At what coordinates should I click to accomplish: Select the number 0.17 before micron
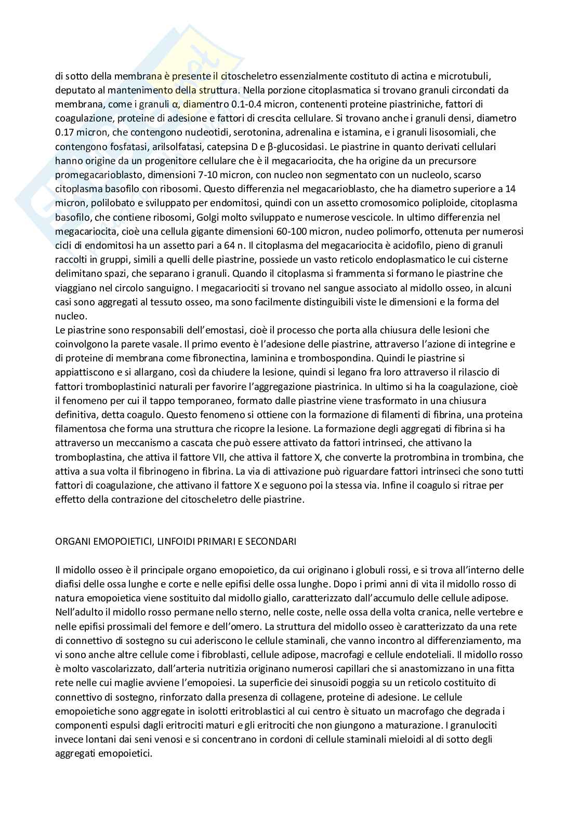click(65, 132)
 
